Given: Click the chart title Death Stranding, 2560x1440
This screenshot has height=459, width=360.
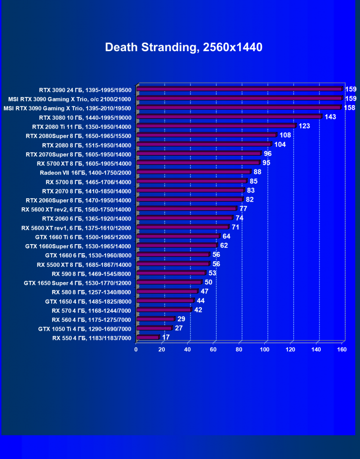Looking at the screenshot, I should coord(183,47).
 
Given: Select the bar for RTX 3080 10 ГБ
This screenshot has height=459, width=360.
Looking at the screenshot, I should coord(229,117).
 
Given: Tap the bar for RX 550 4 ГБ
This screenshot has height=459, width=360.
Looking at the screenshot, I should coord(148,337).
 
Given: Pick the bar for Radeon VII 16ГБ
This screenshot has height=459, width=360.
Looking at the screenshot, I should coord(193,172).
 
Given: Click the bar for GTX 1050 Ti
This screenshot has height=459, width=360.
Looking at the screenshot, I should coord(154,328).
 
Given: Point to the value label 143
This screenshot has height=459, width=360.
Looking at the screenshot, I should coord(330,117).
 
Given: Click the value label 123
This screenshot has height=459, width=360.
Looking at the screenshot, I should coord(304,126).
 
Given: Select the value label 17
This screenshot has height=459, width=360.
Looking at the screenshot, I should coord(166,337).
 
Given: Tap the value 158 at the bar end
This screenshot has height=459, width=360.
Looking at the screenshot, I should coord(350,107).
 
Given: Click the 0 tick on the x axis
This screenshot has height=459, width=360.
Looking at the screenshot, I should coord(136,350).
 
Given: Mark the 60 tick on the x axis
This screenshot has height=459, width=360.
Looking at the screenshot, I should coord(213,350).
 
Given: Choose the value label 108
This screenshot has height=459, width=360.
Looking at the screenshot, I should coord(285,135).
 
